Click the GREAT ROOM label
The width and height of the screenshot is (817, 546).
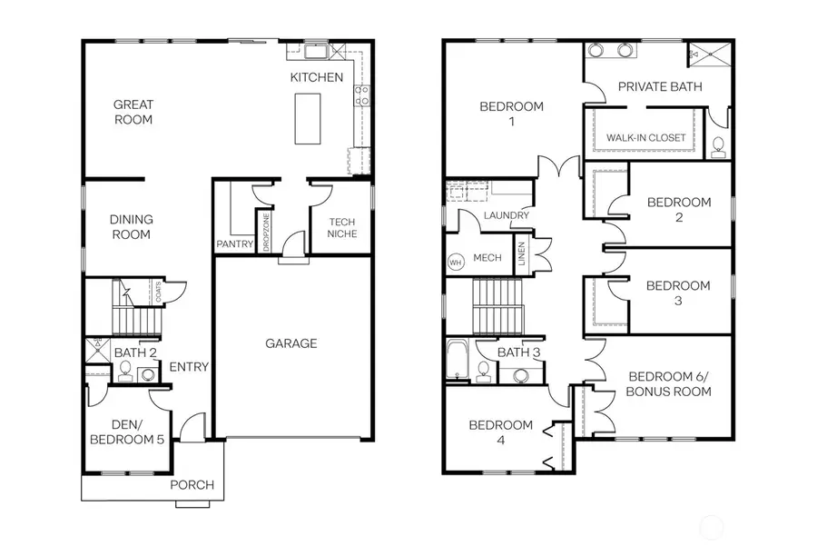coord(133,112)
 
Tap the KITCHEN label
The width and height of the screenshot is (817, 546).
coord(317,77)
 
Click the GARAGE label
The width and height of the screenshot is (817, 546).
coord(291,343)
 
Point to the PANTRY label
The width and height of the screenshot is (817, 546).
coord(233,243)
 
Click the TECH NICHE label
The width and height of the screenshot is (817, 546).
coord(342,227)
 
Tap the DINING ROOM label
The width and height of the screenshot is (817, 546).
coord(131,226)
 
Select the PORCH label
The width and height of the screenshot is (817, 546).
coord(192,484)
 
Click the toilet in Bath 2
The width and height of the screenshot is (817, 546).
coord(125,370)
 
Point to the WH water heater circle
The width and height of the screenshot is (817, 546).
coord(455,262)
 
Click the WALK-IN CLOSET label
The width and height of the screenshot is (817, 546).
coord(645,137)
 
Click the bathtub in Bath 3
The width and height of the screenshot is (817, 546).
coord(456,361)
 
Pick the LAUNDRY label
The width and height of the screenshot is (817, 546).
coord(500,215)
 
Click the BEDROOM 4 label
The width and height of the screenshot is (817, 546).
coord(500,432)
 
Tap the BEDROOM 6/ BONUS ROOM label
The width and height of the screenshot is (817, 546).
coord(670,383)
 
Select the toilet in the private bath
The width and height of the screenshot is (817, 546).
coord(717,144)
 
